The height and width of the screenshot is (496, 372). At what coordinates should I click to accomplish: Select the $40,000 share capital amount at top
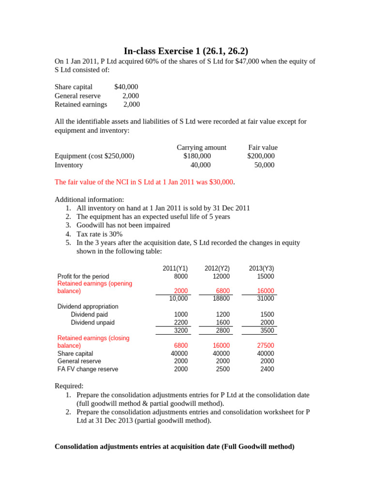[126, 87]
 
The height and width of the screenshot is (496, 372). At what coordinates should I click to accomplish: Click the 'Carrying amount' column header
[201, 147]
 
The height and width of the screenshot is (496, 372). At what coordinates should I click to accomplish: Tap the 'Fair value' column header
[263, 147]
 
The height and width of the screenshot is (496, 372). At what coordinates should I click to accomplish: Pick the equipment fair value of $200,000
[261, 156]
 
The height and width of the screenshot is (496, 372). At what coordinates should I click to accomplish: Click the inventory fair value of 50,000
[264, 165]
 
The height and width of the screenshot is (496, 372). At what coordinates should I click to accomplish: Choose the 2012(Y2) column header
[217, 268]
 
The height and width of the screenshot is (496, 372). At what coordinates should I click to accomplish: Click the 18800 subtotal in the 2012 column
[221, 298]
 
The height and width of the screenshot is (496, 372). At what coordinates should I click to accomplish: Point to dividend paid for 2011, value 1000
[181, 314]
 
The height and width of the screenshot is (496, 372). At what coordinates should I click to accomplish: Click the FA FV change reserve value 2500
[223, 369]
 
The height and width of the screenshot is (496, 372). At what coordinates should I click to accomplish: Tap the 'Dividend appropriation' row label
[88, 307]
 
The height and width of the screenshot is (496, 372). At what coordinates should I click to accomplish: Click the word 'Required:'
[69, 386]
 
